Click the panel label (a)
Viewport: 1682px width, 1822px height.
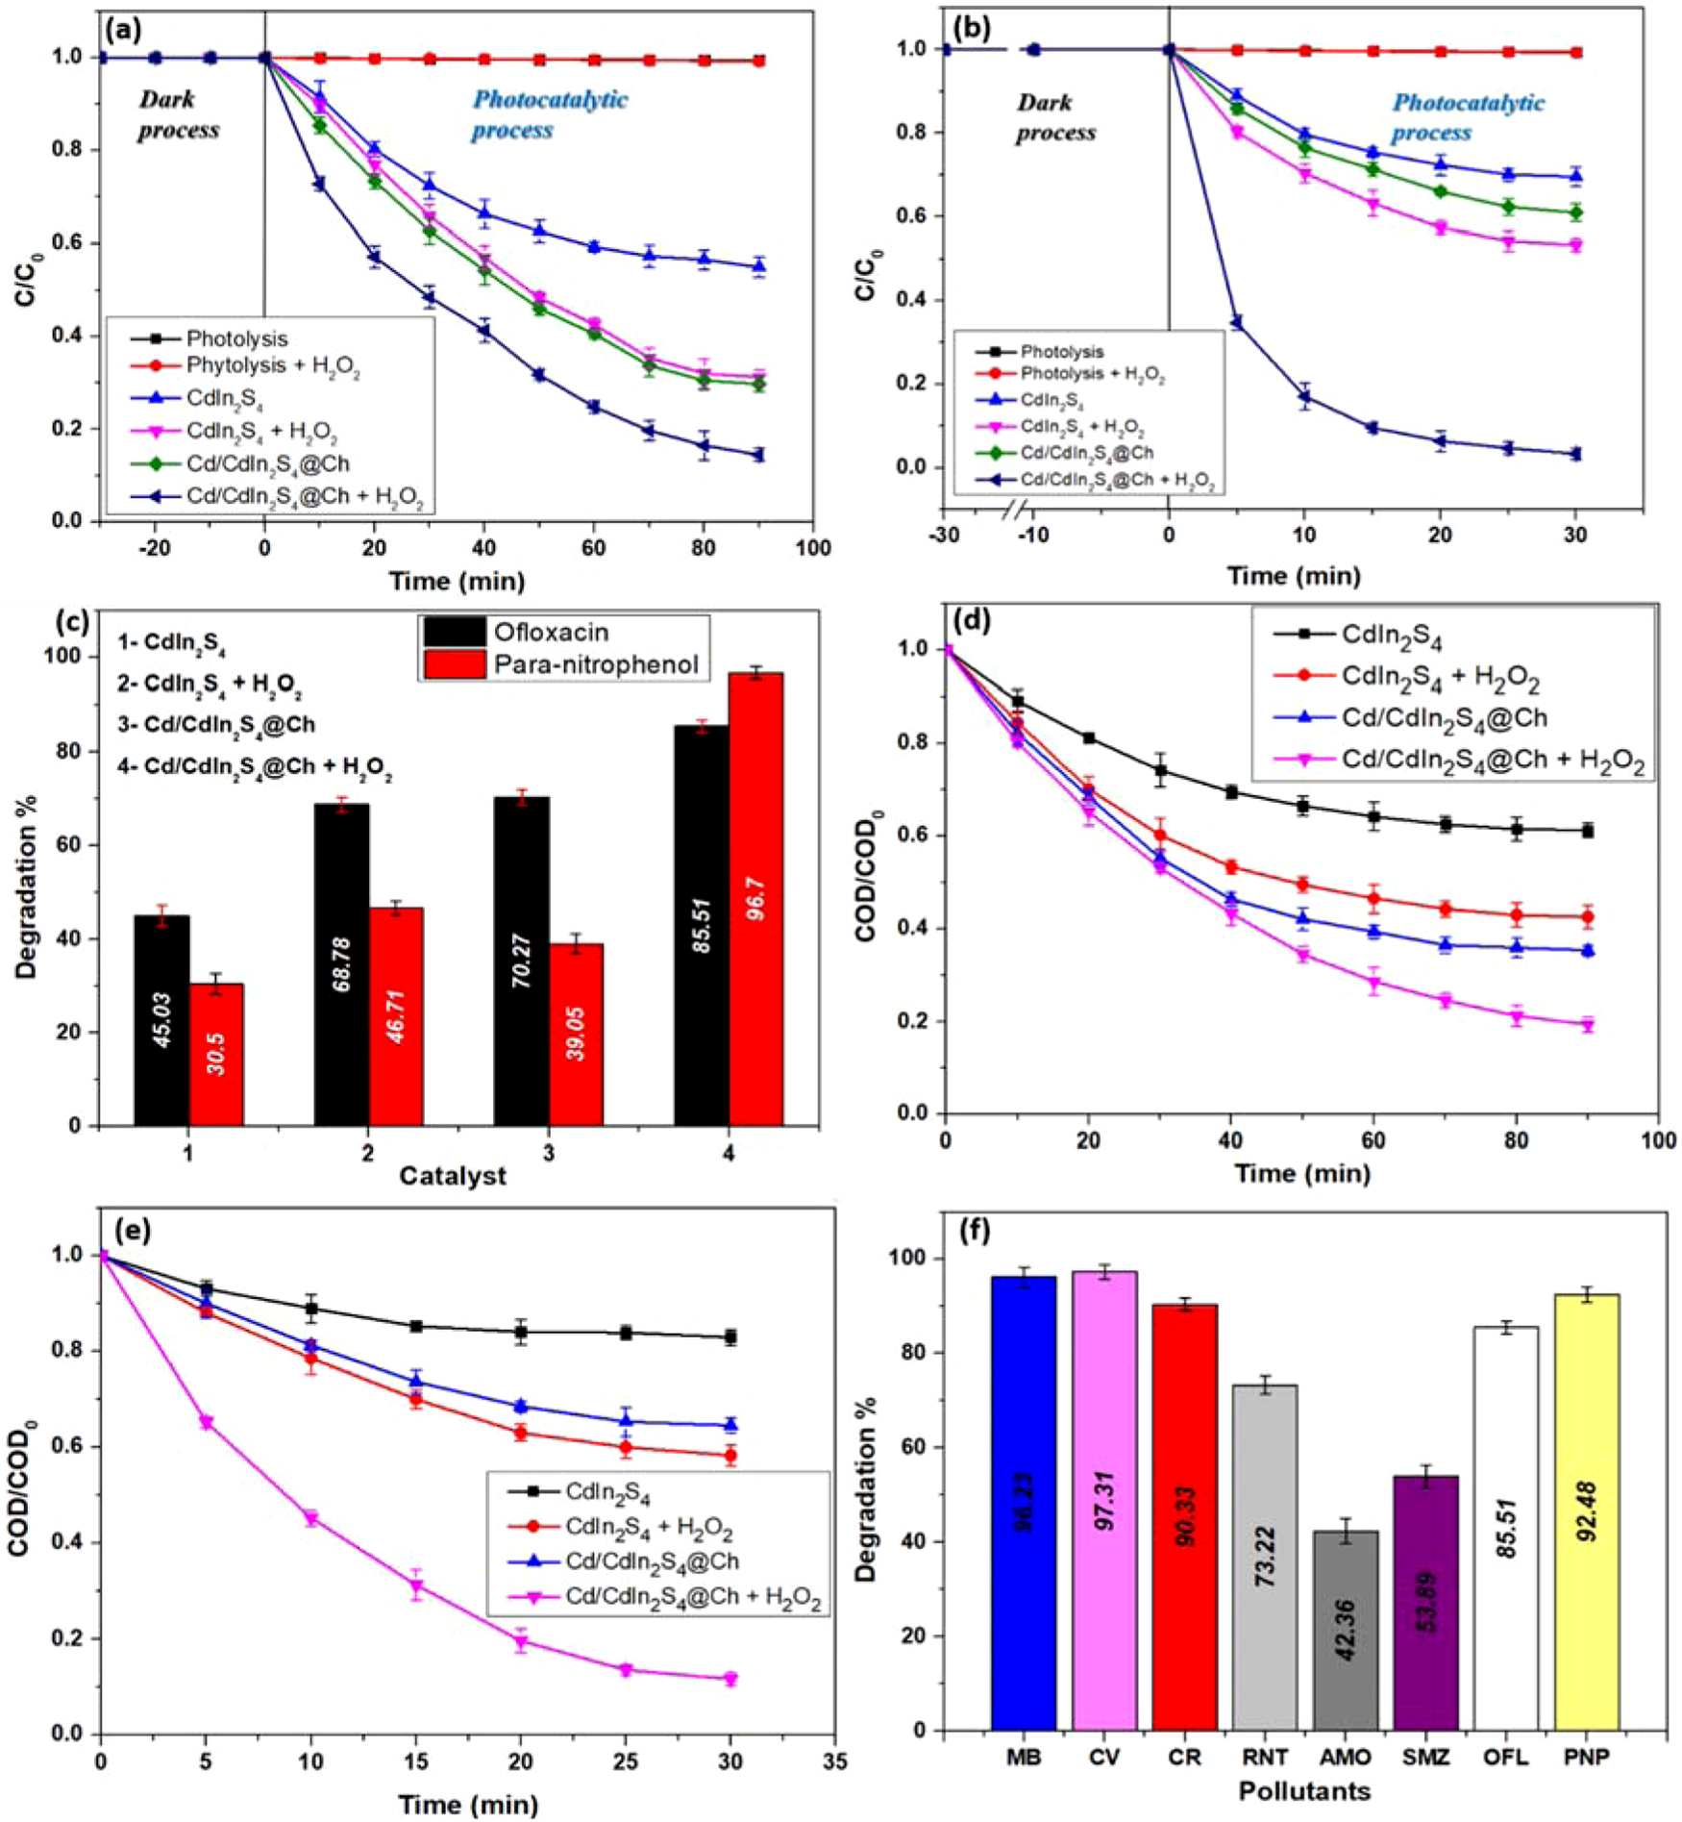click(x=126, y=30)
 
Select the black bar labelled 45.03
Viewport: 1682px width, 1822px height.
click(x=161, y=1020)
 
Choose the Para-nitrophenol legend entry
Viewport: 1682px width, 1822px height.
click(x=596, y=664)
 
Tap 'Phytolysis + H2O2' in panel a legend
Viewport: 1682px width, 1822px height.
click(x=273, y=366)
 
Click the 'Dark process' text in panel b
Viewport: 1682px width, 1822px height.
click(x=1056, y=117)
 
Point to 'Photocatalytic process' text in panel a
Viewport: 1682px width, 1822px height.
click(x=549, y=114)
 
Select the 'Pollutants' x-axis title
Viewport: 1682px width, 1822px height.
click(x=1304, y=1791)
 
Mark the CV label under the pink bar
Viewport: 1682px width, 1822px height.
click(x=1104, y=1757)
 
